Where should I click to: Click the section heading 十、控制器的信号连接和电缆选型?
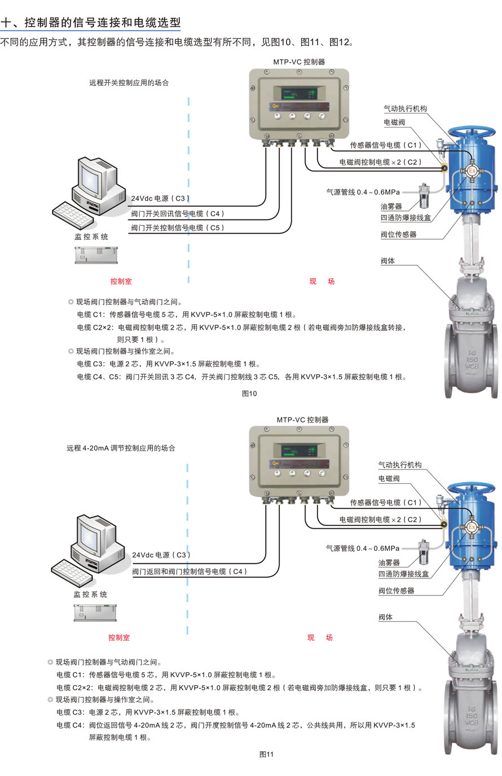coord(91,23)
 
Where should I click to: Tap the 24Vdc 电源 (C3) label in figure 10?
coord(160,199)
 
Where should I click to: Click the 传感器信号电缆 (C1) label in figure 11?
coord(386,502)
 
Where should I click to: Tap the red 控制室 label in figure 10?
coord(121,281)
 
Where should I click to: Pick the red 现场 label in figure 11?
coord(320,638)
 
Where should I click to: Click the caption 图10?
coord(249,393)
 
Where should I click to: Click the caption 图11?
coord(266,754)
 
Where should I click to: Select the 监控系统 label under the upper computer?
coord(91,237)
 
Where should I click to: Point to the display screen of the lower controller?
coord(299,451)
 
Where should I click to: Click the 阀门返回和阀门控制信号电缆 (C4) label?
coord(190,572)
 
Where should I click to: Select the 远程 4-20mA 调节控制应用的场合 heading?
coord(121,448)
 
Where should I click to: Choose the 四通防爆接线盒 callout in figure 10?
coord(405,218)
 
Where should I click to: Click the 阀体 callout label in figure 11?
coord(385,617)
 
